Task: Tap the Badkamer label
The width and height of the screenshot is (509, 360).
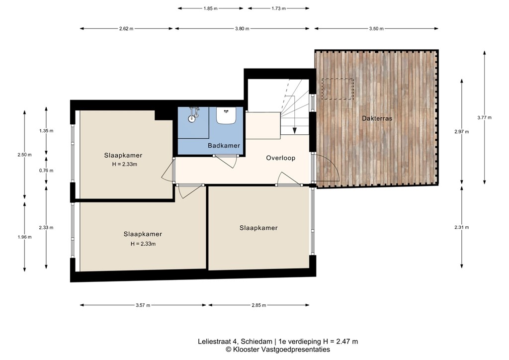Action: [224, 146]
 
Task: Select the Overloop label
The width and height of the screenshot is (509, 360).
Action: [280, 158]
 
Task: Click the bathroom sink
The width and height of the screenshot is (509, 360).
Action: [227, 115]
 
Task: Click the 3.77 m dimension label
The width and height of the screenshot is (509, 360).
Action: [484, 118]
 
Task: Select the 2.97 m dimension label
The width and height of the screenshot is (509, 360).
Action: [461, 132]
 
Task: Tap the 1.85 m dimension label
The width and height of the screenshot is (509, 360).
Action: [210, 8]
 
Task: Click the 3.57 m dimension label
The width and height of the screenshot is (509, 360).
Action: [143, 305]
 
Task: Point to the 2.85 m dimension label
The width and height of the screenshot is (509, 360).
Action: [258, 305]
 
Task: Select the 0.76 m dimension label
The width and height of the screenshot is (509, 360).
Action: [46, 170]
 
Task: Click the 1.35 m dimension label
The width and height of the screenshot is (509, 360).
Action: [46, 131]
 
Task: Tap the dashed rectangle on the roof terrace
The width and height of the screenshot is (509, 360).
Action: [338, 89]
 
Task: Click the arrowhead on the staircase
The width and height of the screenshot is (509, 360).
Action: [294, 130]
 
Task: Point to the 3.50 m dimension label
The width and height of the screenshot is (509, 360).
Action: [376, 28]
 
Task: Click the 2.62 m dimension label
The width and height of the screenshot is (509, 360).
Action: [126, 28]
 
